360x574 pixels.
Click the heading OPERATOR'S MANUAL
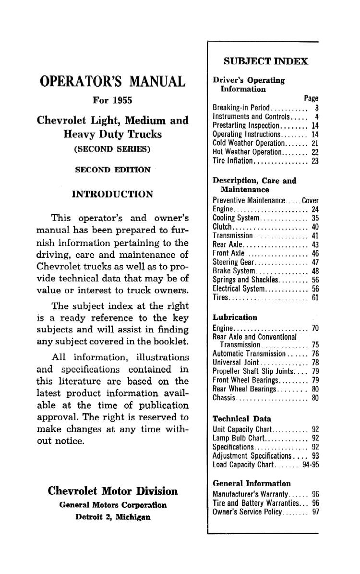[112, 81]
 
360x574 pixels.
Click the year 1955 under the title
[122, 101]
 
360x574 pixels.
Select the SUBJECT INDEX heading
[265, 61]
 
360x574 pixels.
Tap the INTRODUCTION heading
[112, 194]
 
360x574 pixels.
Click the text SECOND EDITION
[112, 170]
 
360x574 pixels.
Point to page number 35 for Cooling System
[315, 218]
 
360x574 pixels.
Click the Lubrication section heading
[235, 317]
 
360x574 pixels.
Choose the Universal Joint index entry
[236, 362]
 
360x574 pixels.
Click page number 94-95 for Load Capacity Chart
[311, 464]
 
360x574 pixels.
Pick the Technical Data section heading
[241, 418]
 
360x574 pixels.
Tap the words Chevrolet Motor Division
[113, 491]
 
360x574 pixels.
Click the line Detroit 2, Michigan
[113, 517]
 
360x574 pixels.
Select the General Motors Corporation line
[113, 505]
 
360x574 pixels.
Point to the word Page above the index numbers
[311, 98]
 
